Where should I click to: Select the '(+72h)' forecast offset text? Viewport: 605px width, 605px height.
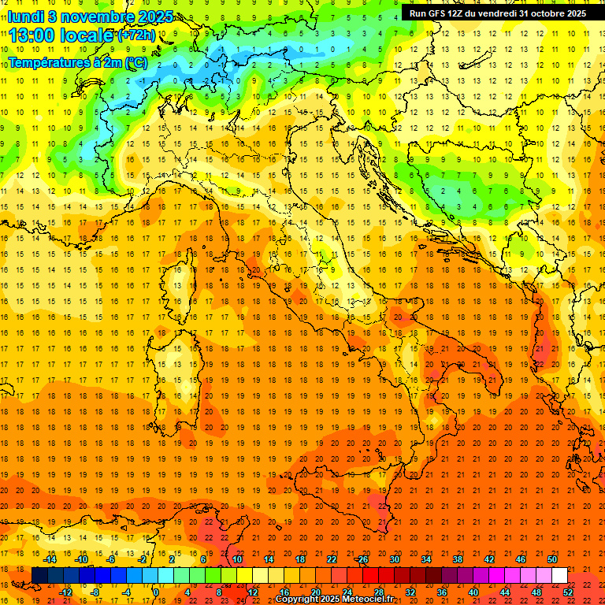(136, 36)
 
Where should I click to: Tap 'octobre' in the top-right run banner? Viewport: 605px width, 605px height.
(547, 13)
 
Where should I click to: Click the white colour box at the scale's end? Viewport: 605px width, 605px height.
(559, 576)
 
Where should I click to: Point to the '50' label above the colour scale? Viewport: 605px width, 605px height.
(551, 559)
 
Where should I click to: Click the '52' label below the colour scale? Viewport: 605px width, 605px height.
(568, 592)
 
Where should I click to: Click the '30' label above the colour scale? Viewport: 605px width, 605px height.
(394, 559)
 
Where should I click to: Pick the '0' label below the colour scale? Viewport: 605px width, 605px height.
(156, 592)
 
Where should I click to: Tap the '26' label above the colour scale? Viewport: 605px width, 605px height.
(362, 559)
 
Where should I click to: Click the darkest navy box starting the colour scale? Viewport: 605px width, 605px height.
(39, 576)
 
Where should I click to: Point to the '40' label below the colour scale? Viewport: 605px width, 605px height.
(473, 592)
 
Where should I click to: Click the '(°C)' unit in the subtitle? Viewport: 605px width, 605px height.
(136, 61)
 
